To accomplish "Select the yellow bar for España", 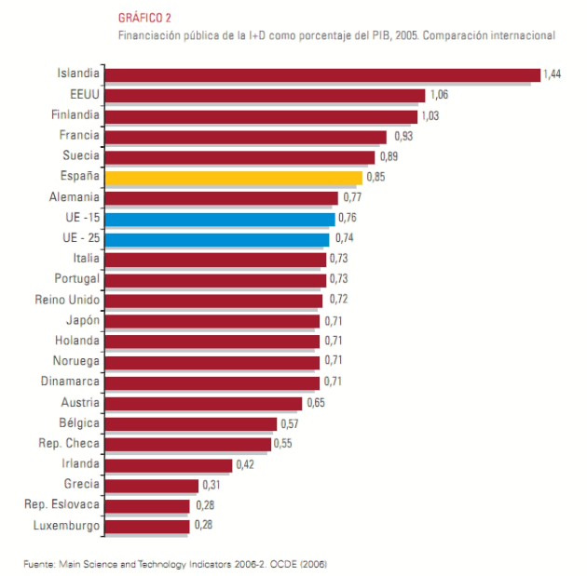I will pyautogui.click(x=233, y=177).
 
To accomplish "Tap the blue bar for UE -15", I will pyautogui.click(x=220, y=218).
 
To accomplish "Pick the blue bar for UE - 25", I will pyautogui.click(x=217, y=238).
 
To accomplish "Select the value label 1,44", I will pyautogui.click(x=553, y=74).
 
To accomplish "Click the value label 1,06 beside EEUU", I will pyautogui.click(x=439, y=95).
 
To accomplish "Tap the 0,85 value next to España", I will pyautogui.click(x=376, y=177).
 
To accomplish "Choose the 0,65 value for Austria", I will pyautogui.click(x=316, y=403).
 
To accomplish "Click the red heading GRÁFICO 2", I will pyautogui.click(x=143, y=18).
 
